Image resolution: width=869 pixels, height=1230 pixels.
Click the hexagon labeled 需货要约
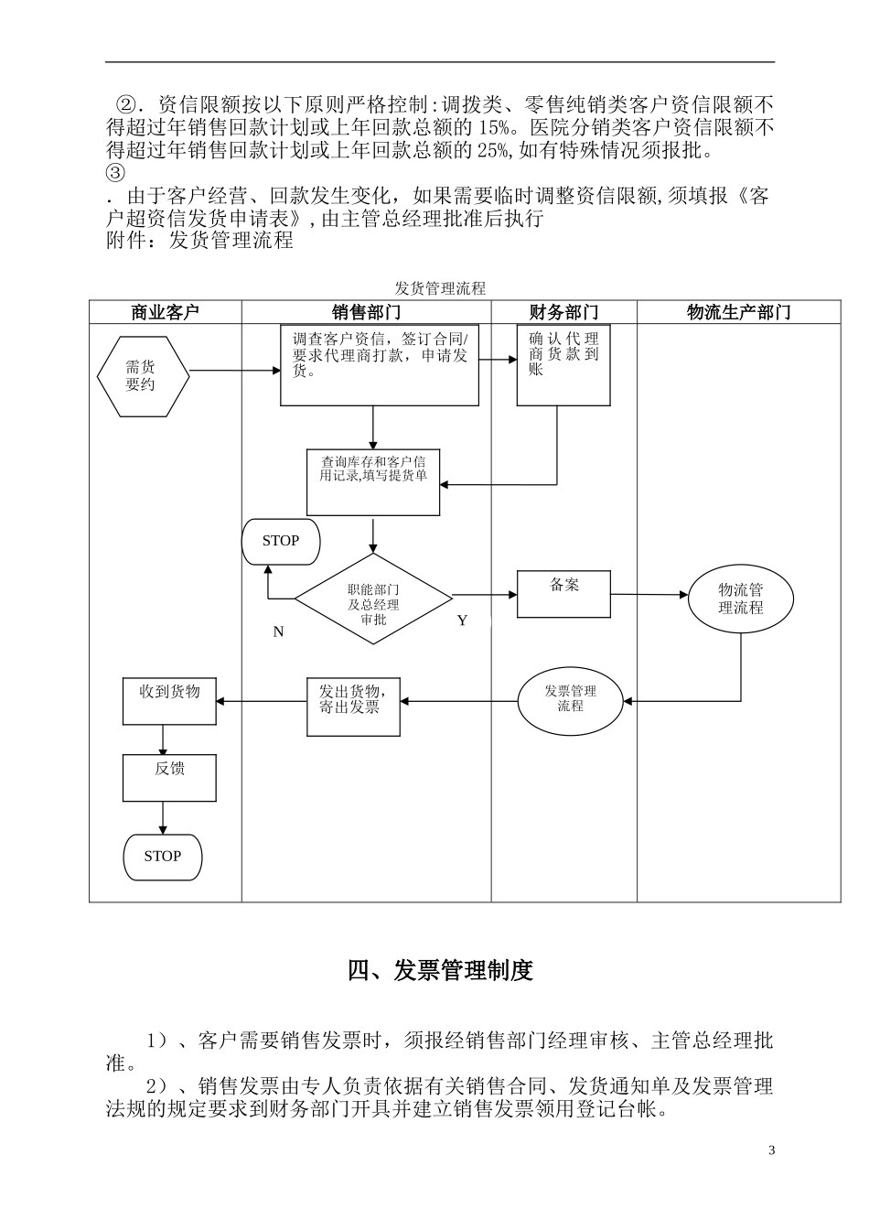pos(144,376)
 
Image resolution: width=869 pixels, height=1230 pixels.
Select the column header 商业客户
pos(165,312)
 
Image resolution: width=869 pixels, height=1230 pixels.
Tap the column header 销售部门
pos(366,312)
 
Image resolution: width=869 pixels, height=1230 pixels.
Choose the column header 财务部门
pos(563,312)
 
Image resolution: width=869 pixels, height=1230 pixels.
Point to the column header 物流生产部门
pos(738,312)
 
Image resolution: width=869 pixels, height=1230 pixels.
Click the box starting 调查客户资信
pos(380,365)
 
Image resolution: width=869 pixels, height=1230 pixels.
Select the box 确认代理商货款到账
pos(563,365)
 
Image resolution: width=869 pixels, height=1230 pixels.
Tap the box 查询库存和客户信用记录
pos(373,481)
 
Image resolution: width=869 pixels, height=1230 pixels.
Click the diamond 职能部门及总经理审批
pos(373,599)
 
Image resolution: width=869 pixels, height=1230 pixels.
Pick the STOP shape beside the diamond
pos(281,541)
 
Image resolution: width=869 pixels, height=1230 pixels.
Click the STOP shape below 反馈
pos(163,857)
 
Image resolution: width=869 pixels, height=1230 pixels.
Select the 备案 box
pos(564,594)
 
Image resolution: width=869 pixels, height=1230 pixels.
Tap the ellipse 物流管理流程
pos(740,599)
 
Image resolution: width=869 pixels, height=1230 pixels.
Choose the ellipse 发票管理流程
pos(571,698)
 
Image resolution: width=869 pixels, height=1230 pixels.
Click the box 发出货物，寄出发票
pos(353,706)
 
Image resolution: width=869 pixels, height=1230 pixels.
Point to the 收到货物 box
pos(169,701)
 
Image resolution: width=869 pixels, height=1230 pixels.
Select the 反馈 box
pos(169,778)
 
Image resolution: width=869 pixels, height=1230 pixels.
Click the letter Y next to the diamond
pos(462,620)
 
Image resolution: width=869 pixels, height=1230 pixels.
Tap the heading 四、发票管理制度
pos(440,970)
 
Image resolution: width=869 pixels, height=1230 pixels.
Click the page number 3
pos(771,1150)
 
